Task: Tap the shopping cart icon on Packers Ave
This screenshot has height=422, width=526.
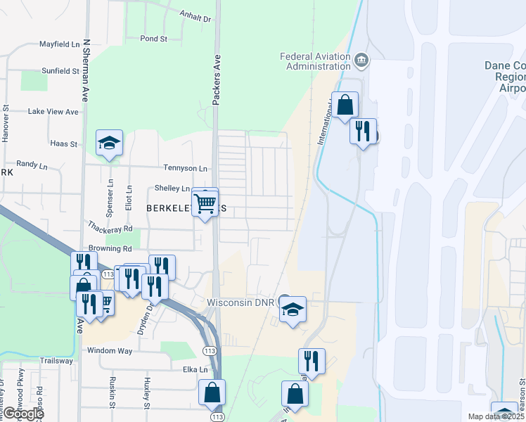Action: tap(205, 203)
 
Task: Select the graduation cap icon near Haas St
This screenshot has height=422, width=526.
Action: tap(109, 143)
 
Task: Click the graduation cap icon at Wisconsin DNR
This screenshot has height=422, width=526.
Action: tap(293, 309)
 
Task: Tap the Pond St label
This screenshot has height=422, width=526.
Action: tap(153, 39)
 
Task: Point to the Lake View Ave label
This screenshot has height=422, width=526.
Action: tap(53, 112)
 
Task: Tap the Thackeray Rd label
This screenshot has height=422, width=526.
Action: tap(110, 229)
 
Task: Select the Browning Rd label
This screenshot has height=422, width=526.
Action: tap(110, 248)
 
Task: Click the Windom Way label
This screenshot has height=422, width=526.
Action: tap(110, 350)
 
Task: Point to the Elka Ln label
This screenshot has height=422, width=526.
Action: tap(195, 369)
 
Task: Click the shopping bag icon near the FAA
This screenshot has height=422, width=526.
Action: tap(345, 105)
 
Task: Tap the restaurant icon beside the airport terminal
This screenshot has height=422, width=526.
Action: tap(363, 131)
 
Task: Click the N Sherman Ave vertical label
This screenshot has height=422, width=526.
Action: tap(86, 70)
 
